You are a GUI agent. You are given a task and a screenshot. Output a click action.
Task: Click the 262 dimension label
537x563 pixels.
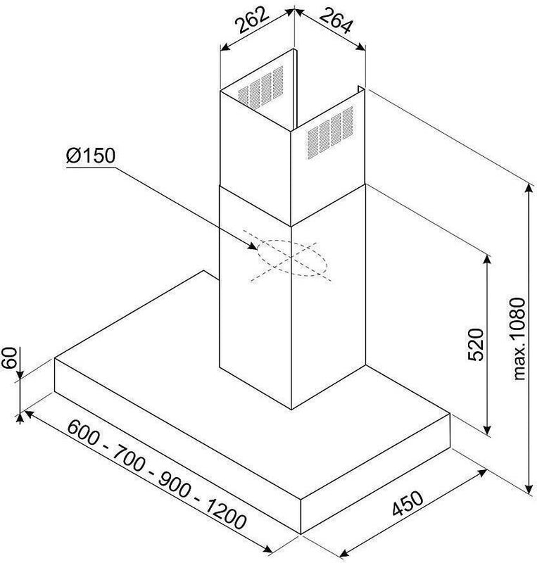[252, 20]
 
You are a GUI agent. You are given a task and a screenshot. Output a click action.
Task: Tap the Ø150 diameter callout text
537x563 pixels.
[91, 156]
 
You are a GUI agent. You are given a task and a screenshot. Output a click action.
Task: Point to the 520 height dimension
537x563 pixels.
[476, 344]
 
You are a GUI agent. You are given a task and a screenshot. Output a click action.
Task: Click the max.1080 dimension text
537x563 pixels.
[519, 339]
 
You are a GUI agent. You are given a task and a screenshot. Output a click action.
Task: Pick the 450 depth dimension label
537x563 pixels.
[408, 503]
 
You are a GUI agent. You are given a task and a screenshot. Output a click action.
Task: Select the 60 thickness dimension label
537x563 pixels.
[10, 358]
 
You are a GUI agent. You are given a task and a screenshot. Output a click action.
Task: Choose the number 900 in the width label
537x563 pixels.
[175, 485]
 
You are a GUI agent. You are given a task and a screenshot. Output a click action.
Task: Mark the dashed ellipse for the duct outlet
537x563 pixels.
[292, 258]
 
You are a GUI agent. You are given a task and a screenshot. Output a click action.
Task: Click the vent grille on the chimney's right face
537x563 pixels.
[330, 132]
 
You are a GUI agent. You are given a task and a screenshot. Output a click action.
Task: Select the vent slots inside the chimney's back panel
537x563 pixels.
[261, 87]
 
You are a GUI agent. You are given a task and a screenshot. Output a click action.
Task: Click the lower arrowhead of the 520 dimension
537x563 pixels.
[487, 429]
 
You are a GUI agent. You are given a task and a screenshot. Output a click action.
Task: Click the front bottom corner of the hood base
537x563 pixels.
[301, 534]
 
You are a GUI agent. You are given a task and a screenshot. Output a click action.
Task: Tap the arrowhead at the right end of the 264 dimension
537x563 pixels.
[360, 46]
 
